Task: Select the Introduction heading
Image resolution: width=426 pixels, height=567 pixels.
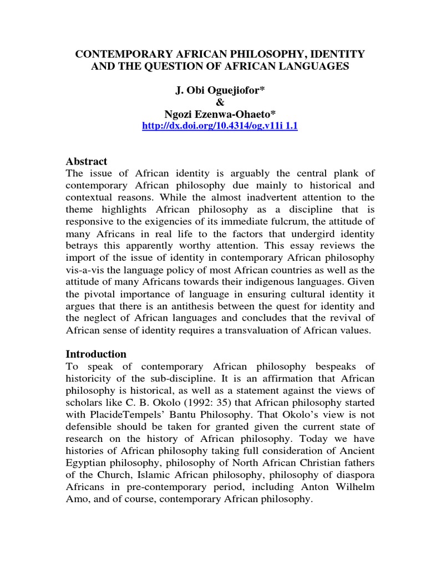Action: pyautogui.click(x=96, y=354)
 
